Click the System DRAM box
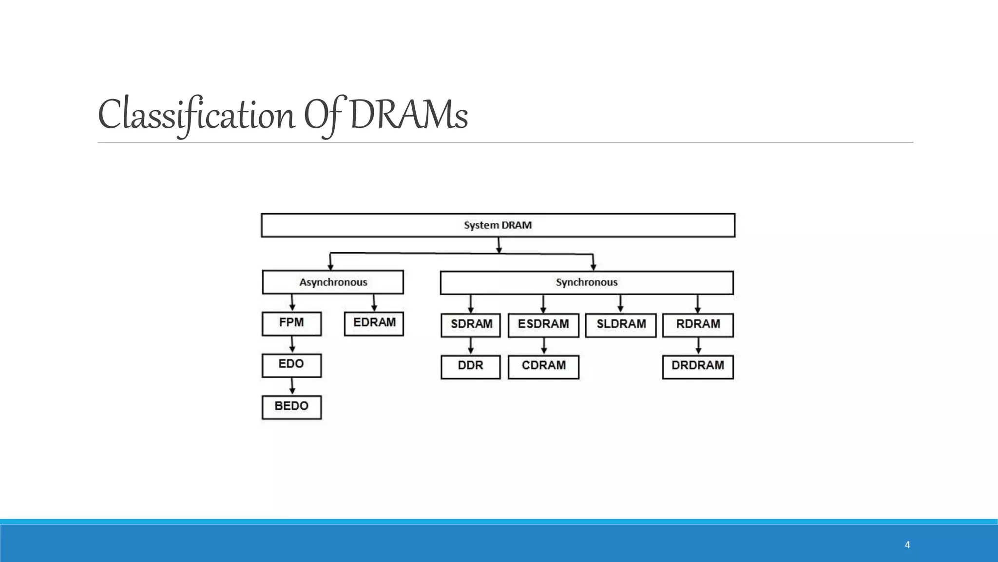point(498,225)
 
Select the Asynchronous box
point(333,282)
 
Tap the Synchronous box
point(587,282)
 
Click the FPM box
point(291,323)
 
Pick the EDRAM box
point(374,323)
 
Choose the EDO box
point(291,365)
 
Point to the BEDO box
point(291,407)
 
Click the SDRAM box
point(471,325)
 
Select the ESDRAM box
point(543,325)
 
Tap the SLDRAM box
point(620,325)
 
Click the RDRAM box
point(698,325)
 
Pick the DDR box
point(471,367)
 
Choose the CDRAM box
point(543,367)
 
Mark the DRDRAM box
point(698,367)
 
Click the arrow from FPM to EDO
point(292,344)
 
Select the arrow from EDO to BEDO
point(292,386)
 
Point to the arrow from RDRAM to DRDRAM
point(698,346)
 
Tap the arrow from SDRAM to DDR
point(471,346)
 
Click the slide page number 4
point(907,545)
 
